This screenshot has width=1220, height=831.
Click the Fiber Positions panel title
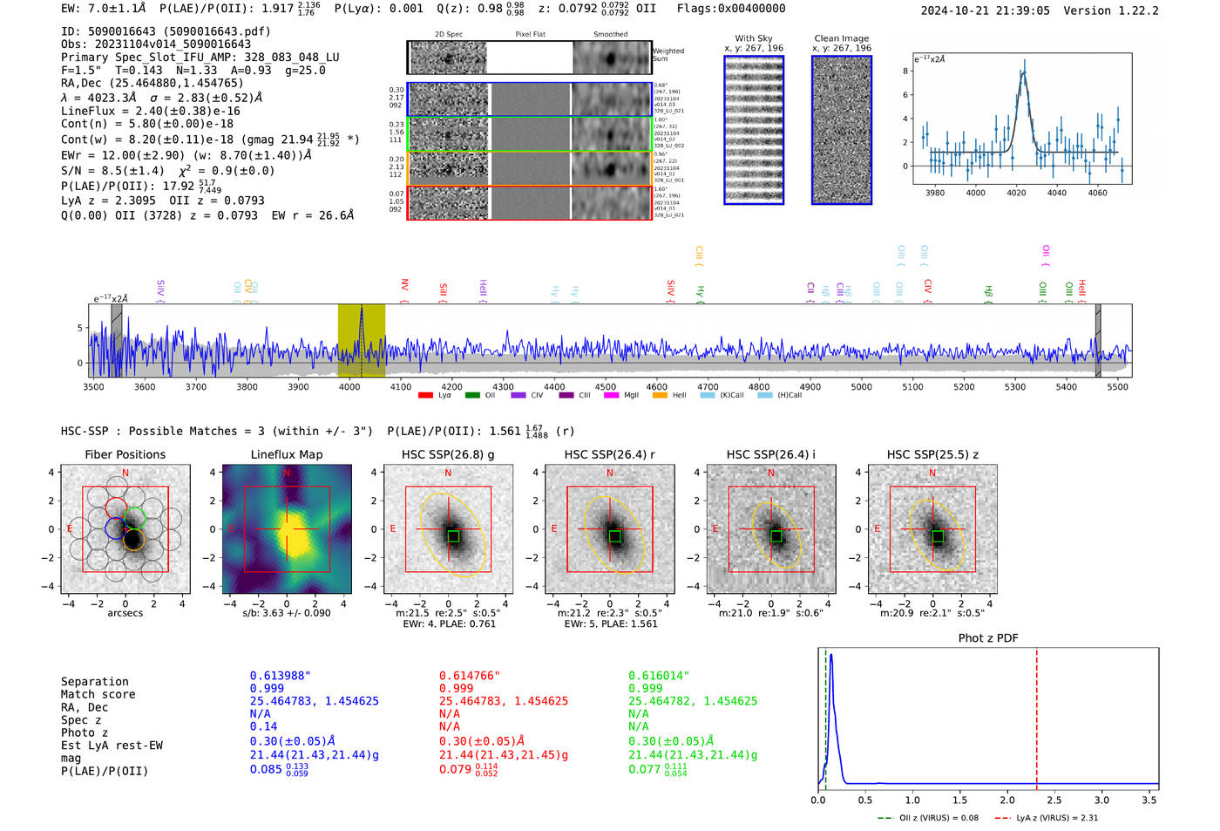125,454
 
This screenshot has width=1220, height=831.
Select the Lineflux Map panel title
286,454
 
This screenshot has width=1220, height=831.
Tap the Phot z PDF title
988,638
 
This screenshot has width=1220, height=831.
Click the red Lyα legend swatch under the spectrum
425,395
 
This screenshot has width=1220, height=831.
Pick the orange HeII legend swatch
660,395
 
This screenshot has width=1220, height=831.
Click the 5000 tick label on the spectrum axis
861,386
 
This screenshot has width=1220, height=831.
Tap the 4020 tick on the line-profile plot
1016,193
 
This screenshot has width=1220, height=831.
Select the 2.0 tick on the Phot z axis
1007,800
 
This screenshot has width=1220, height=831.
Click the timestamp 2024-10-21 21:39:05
985,10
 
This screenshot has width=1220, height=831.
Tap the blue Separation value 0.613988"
280,676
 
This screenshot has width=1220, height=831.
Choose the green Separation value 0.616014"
659,676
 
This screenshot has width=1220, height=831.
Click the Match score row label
98,694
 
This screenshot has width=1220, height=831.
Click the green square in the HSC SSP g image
453,536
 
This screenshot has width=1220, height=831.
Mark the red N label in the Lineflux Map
287,473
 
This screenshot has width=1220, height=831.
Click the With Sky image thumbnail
754,130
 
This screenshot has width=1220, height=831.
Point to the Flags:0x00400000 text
730,9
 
